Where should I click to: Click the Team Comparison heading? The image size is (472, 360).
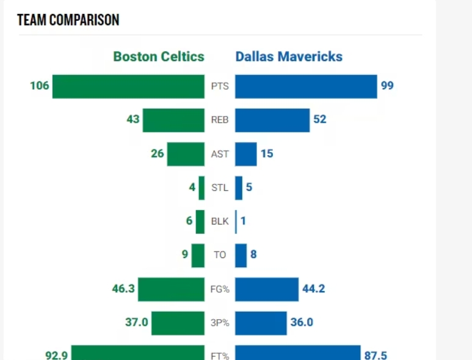point(68,20)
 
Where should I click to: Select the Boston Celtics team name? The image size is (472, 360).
point(159,57)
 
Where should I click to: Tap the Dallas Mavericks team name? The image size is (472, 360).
point(289,57)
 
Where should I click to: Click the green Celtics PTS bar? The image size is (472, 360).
point(128,86)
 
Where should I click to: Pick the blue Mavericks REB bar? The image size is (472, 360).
point(272,120)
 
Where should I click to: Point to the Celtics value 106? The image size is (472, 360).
point(40,85)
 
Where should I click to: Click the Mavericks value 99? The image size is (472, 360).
point(387,85)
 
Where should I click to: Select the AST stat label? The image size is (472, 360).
point(220,154)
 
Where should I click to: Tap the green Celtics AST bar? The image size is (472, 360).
point(186,154)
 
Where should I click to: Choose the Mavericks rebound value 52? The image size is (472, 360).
point(320,119)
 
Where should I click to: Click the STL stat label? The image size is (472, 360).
point(220,187)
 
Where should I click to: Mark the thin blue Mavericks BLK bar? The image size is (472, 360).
point(236,221)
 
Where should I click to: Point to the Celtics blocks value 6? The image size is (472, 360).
point(189,220)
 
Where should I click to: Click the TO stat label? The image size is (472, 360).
point(220,254)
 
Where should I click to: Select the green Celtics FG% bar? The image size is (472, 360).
point(171,289)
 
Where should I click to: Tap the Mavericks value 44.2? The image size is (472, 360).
point(313,288)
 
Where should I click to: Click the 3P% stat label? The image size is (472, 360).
point(220,322)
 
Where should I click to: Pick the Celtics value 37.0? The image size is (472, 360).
point(137,322)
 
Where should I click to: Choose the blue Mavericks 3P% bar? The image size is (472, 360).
point(261,323)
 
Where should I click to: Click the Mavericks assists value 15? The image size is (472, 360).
point(267,153)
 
